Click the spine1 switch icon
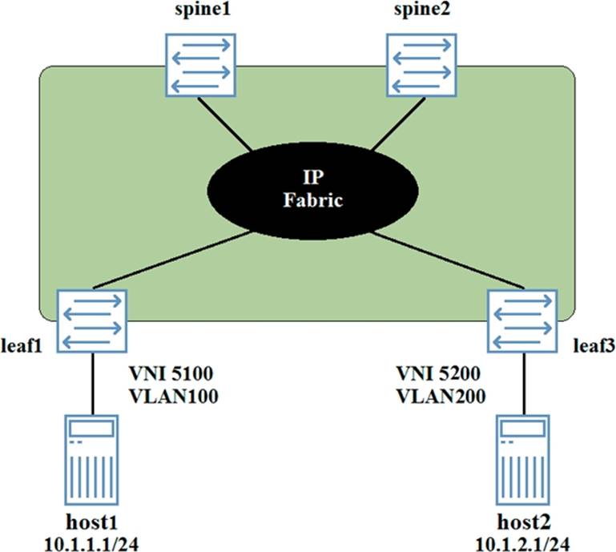coord(200,65)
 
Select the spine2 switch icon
coord(421,65)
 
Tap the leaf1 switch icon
coord(92,321)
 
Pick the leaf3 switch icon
coord(522,321)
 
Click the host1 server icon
coord(91,460)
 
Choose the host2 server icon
coord(523,460)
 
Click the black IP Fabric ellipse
coord(312,191)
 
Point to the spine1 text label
coord(203,10)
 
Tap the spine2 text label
coord(422,10)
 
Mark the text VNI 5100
coord(171,373)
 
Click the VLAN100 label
coord(174,396)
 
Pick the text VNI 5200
coord(438,373)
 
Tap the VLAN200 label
coord(441,396)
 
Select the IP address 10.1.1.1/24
coord(91,545)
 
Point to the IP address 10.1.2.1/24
coord(523,545)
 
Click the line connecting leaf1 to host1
coord(93,384)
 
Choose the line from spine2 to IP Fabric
coord(398,123)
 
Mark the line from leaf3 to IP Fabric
coord(448,260)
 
